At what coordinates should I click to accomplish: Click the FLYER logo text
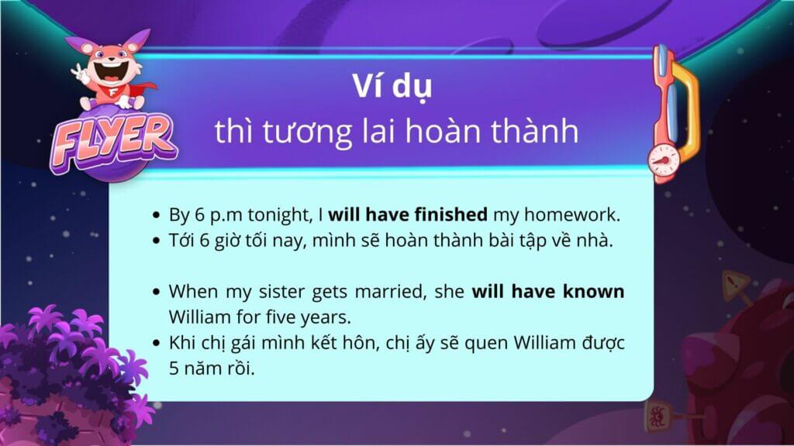click(x=113, y=142)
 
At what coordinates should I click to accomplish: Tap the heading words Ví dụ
click(x=392, y=87)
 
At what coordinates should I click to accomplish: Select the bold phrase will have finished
click(x=408, y=214)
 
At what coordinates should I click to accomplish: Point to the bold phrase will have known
click(x=548, y=291)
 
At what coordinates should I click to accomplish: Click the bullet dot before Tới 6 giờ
click(x=156, y=241)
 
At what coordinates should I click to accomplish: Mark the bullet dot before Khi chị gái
click(x=156, y=343)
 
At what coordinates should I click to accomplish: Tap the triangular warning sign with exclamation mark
click(x=735, y=284)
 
